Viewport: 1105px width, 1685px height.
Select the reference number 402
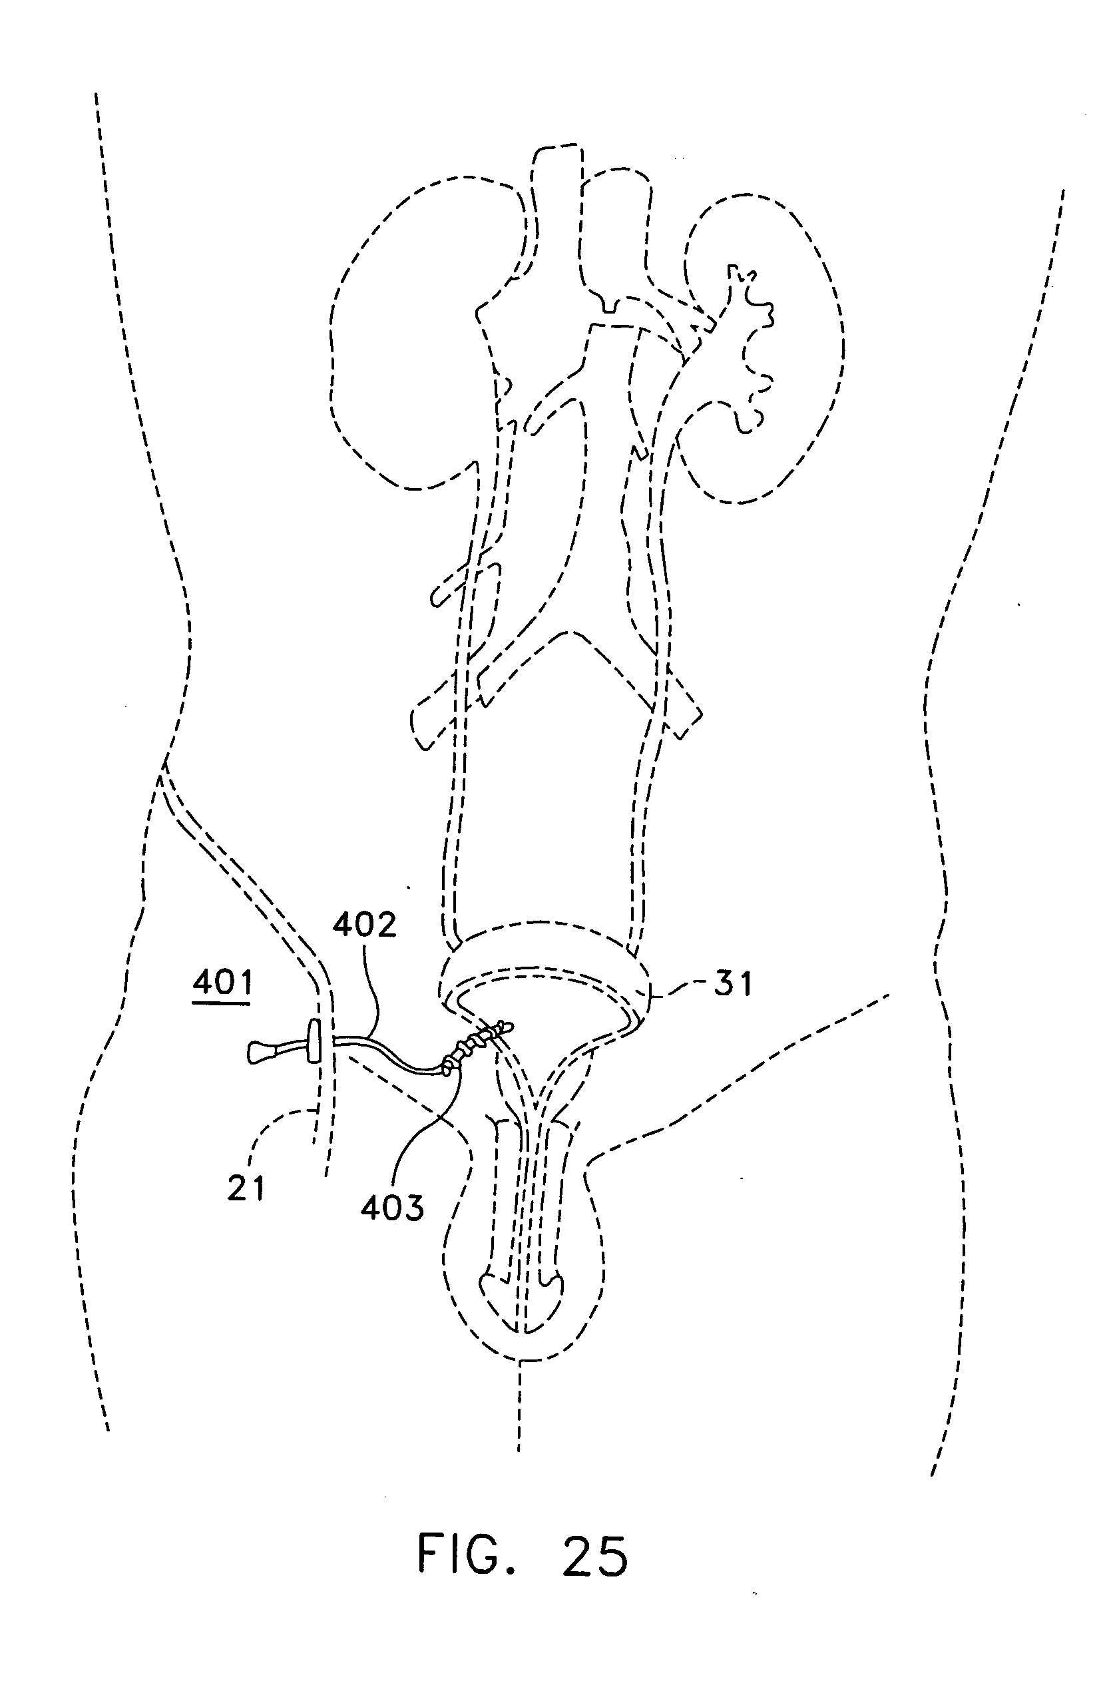(x=365, y=925)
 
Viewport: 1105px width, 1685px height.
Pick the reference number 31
(x=732, y=983)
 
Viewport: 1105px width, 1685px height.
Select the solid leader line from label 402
(x=371, y=991)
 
